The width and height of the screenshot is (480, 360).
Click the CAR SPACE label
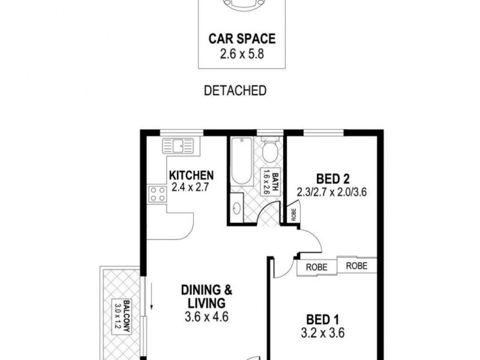tap(242, 40)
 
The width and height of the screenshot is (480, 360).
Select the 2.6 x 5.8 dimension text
tap(242, 54)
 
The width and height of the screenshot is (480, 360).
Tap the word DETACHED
tap(235, 91)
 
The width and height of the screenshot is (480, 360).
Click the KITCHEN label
tap(191, 175)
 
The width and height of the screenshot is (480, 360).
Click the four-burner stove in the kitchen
tap(158, 194)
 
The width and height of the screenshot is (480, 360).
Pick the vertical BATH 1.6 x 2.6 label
tap(266, 182)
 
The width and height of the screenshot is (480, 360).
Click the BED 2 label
tap(332, 178)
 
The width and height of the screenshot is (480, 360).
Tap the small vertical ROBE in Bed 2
tap(294, 213)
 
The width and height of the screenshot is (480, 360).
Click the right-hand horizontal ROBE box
tap(356, 265)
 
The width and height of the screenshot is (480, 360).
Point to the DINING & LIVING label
tap(207, 296)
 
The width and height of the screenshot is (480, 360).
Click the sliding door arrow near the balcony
tap(152, 297)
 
